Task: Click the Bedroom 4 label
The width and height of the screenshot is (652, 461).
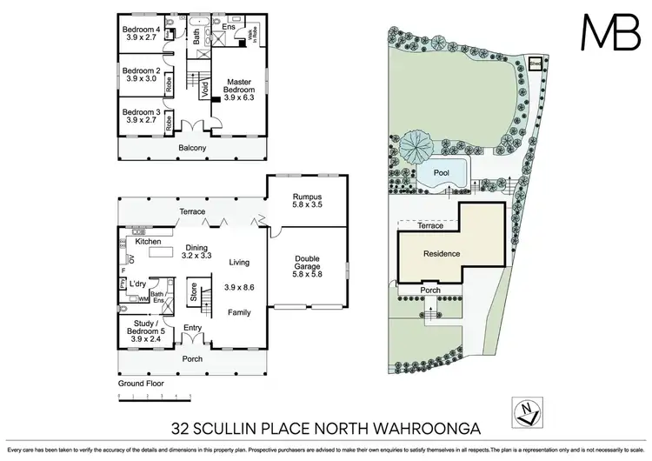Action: (143, 32)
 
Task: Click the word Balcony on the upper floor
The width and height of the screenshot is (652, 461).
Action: (193, 149)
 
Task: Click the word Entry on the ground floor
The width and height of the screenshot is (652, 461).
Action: (192, 327)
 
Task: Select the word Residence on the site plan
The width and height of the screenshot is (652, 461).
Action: (442, 254)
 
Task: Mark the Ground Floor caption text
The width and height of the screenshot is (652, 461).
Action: (141, 383)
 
